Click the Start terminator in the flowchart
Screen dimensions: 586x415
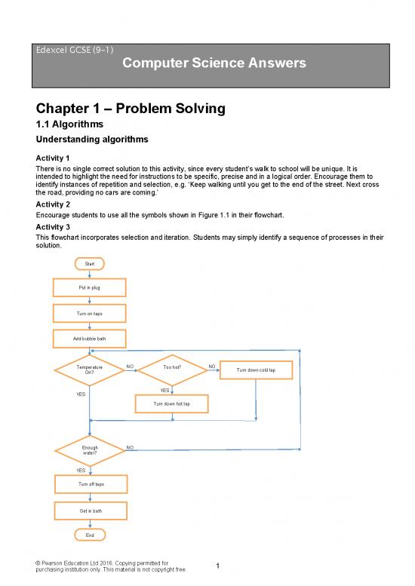90,263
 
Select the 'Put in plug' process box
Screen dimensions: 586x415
90,288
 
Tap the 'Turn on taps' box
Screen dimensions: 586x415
90,313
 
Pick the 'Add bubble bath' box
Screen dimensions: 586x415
90,339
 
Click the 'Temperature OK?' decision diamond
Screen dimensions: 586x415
90,370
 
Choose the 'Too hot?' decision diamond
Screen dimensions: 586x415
172,369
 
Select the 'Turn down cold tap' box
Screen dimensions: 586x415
256,370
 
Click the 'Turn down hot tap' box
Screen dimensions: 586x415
172,404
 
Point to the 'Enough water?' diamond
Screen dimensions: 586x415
90,450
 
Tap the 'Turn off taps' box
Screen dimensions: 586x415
91,483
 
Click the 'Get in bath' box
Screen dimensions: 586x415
91,511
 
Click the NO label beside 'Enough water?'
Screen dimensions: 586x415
131,447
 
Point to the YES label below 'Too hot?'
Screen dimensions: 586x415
164,390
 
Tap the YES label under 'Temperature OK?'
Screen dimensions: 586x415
81,394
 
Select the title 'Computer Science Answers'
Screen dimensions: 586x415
214,64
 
